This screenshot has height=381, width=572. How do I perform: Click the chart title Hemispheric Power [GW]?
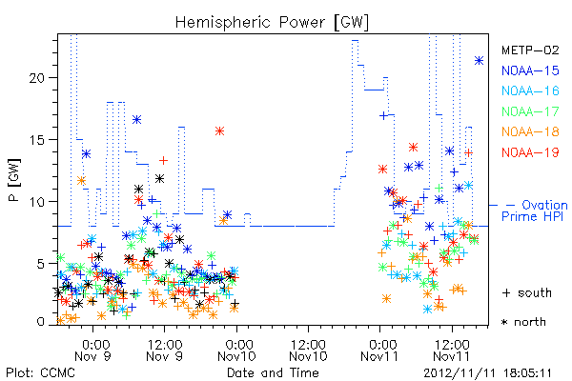click(272, 23)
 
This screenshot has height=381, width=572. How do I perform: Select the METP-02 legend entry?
click(530, 50)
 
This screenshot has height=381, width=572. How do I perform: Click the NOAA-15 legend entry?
click(530, 70)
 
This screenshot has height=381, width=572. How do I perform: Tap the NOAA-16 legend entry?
click(530, 90)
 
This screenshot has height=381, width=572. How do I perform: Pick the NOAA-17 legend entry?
click(530, 111)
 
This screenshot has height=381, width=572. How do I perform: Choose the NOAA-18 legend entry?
click(530, 131)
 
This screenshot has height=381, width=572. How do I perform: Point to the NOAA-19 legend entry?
click(530, 152)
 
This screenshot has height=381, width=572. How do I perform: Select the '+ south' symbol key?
click(527, 292)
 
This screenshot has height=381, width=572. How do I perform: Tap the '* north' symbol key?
click(523, 322)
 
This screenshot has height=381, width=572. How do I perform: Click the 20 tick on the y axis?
click(38, 78)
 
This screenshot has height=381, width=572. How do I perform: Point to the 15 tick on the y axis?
click(38, 140)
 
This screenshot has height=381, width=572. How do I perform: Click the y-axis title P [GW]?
click(14, 180)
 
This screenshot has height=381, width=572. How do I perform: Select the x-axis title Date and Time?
click(273, 372)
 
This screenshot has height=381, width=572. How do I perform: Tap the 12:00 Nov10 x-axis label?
click(308, 351)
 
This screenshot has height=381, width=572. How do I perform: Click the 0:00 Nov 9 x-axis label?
click(92, 351)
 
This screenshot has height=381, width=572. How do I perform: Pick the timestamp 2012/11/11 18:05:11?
click(488, 373)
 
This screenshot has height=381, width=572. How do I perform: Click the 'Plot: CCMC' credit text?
click(40, 372)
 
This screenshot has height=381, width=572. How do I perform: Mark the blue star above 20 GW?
click(479, 61)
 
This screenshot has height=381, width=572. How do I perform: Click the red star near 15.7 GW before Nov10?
click(219, 131)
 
